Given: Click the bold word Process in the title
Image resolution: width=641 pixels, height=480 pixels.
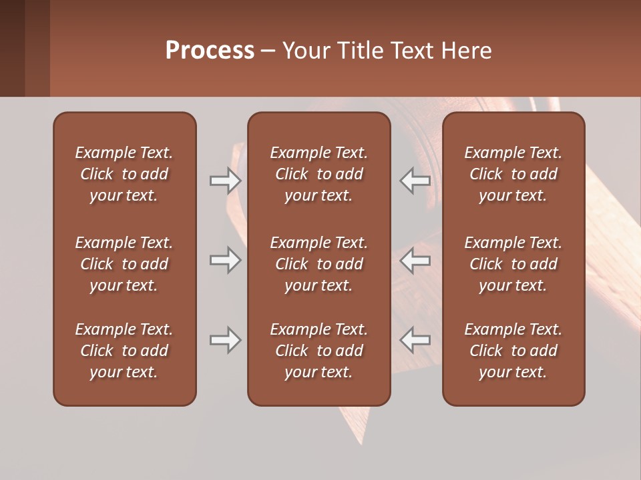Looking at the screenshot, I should pyautogui.click(x=210, y=51).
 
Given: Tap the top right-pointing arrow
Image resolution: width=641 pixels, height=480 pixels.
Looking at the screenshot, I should pyautogui.click(x=225, y=180).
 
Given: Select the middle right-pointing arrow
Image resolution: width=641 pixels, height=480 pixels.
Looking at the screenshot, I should pyautogui.click(x=225, y=260).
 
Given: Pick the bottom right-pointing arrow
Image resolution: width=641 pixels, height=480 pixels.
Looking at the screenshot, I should pyautogui.click(x=225, y=340).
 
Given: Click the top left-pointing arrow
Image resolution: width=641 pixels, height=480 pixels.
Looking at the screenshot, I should pyautogui.click(x=415, y=180).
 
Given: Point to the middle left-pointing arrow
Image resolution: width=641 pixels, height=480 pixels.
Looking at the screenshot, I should pyautogui.click(x=415, y=260).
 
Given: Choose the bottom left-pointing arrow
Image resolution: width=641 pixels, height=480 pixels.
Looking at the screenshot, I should pyautogui.click(x=415, y=340).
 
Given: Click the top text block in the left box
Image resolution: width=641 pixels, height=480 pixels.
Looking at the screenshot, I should pyautogui.click(x=124, y=174).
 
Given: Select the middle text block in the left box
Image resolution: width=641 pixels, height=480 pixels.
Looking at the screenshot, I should pyautogui.click(x=124, y=264).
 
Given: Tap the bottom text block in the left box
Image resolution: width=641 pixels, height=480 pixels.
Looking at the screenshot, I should pyautogui.click(x=124, y=351).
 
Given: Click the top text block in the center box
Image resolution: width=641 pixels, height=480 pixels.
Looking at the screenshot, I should pyautogui.click(x=319, y=174).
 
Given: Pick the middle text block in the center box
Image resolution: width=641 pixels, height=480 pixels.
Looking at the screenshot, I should pyautogui.click(x=319, y=264).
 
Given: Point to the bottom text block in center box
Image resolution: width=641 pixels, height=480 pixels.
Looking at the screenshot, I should pyautogui.click(x=319, y=351).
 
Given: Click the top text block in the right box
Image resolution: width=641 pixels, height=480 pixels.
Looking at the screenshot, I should pyautogui.click(x=513, y=174).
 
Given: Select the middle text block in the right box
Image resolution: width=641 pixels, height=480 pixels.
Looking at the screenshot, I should pyautogui.click(x=513, y=264).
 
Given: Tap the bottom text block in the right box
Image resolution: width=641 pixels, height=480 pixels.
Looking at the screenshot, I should pyautogui.click(x=513, y=351).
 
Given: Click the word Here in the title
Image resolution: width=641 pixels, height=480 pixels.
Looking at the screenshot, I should pyautogui.click(x=468, y=51).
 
